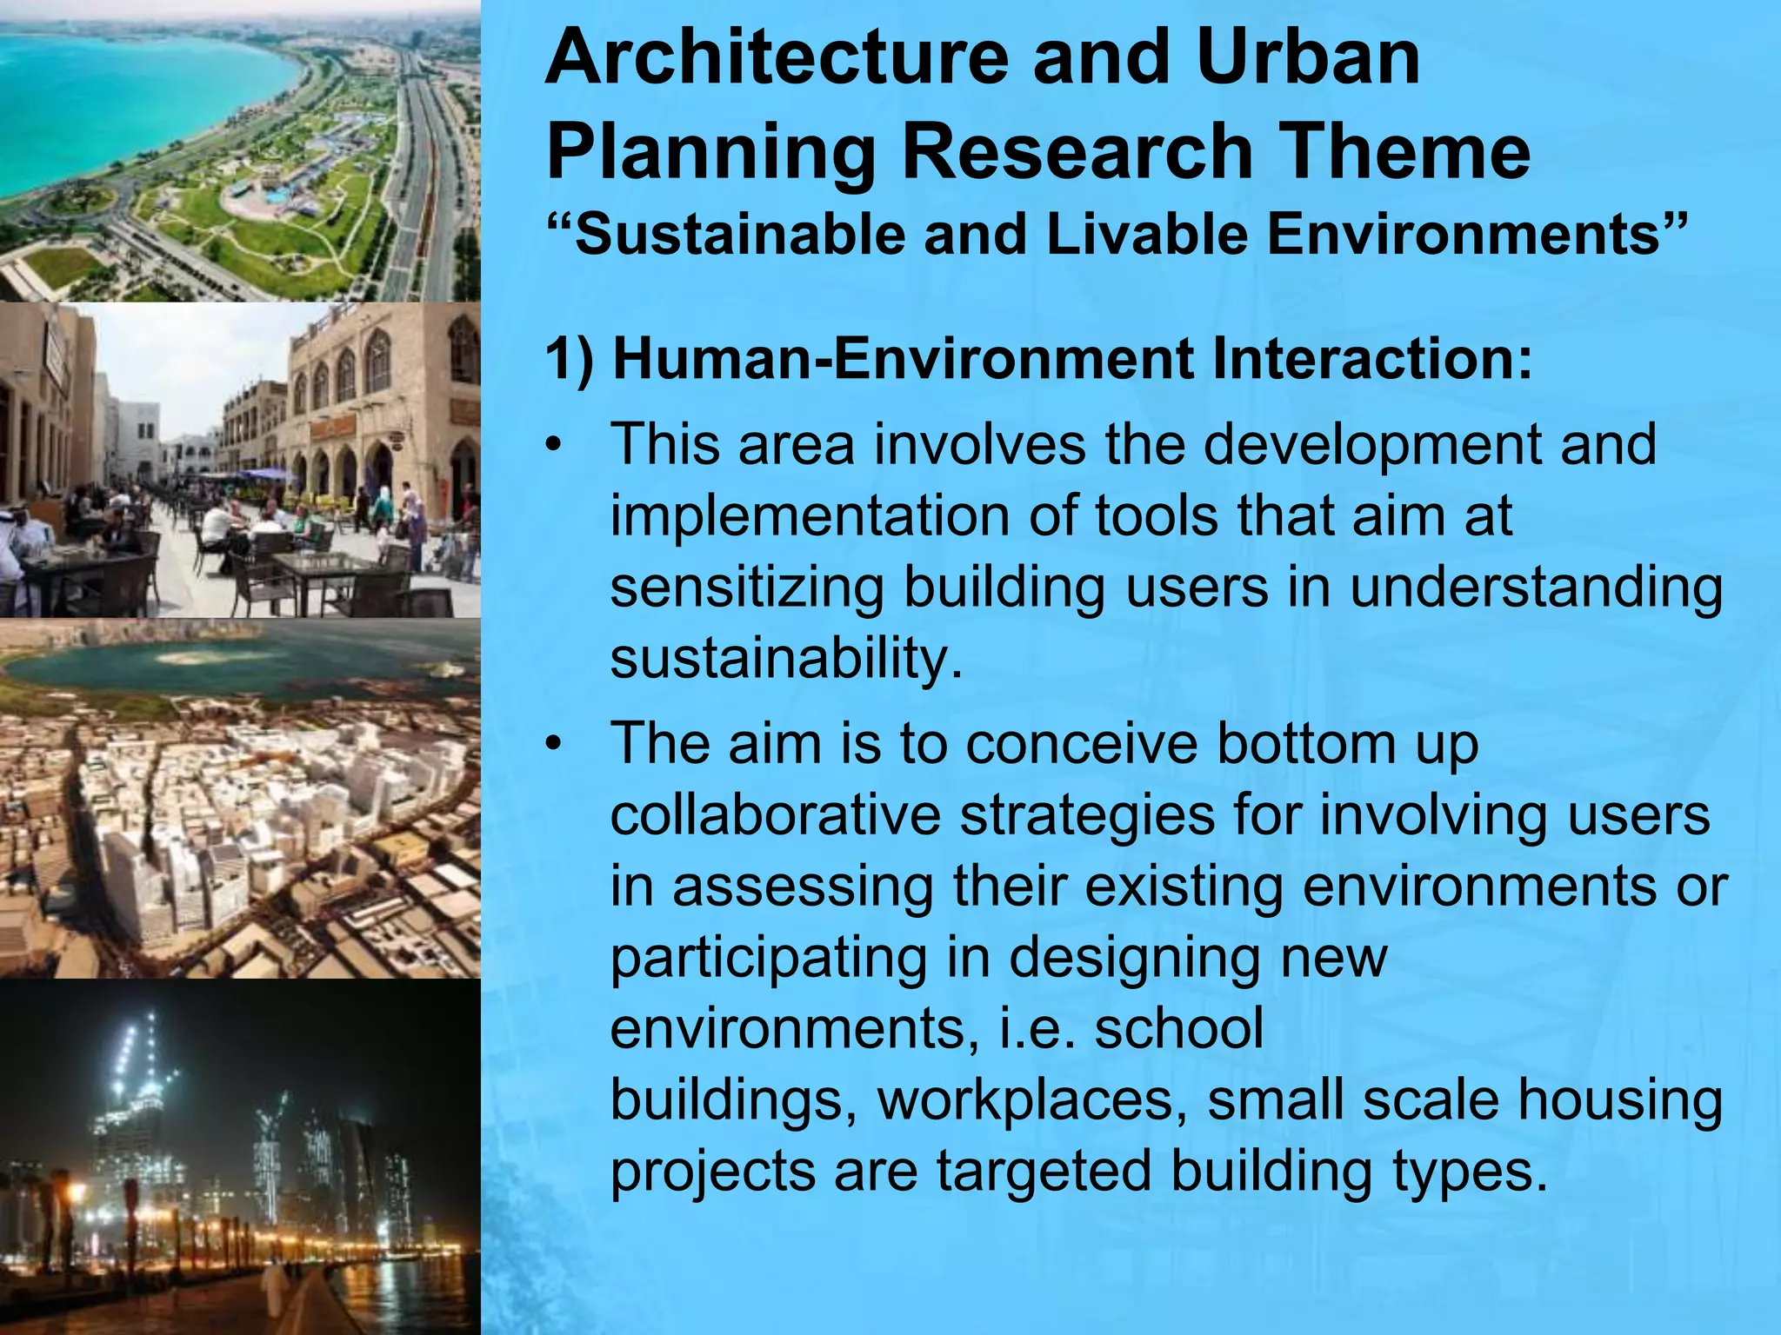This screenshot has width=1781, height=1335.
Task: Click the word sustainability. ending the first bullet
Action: [x=786, y=660]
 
